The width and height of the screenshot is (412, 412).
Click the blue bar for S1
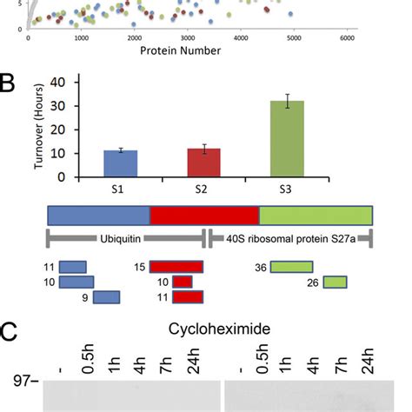pos(120,163)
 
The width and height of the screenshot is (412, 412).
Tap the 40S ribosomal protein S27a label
pos(290,237)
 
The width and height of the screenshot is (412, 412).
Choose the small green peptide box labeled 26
pos(335,282)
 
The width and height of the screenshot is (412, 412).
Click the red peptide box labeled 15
pos(176,267)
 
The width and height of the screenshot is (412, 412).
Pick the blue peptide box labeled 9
pos(105,297)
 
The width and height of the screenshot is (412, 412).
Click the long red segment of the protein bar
pos(204,216)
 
